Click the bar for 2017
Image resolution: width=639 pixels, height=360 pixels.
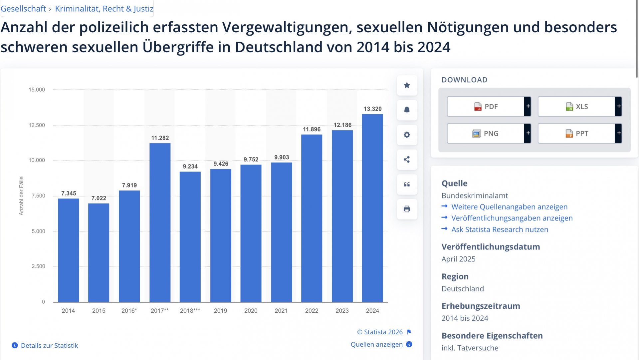(160, 222)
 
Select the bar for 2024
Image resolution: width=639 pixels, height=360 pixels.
(372, 208)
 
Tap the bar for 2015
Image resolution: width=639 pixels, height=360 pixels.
(99, 253)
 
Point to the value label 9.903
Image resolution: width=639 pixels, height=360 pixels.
(282, 157)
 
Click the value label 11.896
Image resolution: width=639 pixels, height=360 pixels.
(312, 129)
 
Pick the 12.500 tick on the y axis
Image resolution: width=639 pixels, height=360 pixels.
(37, 125)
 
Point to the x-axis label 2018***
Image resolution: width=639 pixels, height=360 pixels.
(190, 311)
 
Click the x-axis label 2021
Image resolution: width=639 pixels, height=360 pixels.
(281, 311)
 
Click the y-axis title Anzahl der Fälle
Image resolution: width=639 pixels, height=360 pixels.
(21, 196)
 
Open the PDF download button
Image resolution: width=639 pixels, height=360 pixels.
(489, 107)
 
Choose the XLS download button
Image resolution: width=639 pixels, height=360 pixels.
(580, 107)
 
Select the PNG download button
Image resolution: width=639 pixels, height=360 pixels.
(489, 134)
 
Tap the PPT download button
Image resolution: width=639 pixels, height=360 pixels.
(580, 134)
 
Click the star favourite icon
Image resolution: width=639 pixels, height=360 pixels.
(407, 85)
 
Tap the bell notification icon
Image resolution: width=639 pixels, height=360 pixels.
(407, 110)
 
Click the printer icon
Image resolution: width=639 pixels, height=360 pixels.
(407, 209)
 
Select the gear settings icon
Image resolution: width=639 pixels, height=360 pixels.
(407, 135)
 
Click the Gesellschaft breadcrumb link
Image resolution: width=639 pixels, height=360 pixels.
(23, 9)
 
